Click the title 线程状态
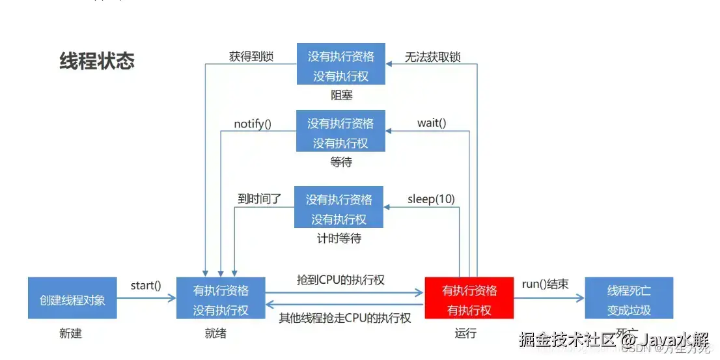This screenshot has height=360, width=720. tap(97, 61)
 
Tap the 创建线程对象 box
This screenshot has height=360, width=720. tap(72, 299)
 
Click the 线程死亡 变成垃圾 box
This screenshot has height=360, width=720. tap(629, 298)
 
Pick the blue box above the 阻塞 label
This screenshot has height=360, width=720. tap(340, 64)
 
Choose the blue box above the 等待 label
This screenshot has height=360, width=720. tap(340, 132)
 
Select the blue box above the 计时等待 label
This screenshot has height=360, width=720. tap(339, 208)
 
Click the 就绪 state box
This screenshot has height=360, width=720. tap(221, 298)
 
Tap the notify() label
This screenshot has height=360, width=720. tap(253, 123)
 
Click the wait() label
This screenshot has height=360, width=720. tap(431, 123)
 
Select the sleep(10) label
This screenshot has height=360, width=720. tap(431, 199)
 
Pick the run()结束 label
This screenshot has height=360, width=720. tap(545, 284)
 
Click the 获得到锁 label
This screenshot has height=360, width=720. tap(251, 56)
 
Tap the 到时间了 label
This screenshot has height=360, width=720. tap(259, 199)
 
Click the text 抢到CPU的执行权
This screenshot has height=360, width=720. tap(340, 280)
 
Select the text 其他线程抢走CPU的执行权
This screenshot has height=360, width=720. tap(345, 318)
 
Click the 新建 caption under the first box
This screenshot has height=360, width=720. tap(70, 333)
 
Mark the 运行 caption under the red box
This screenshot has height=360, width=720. tap(465, 333)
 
